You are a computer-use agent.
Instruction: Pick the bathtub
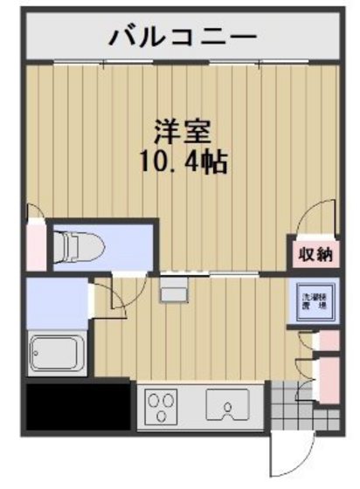click(x=57, y=353)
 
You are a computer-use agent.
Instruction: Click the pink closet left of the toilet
click(x=36, y=245)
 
